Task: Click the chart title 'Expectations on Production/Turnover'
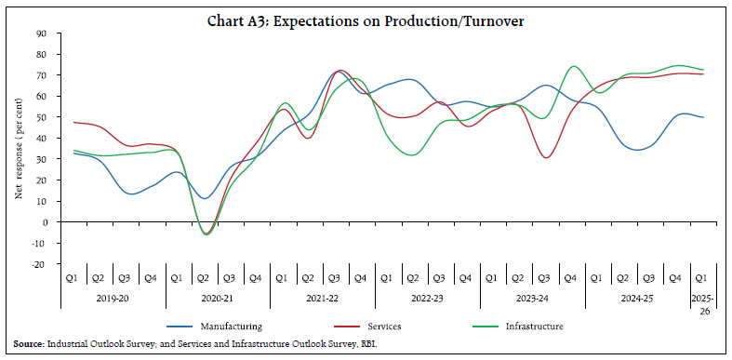[366, 12]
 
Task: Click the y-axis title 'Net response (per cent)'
[18, 149]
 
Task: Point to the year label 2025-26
[703, 307]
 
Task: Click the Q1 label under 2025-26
[703, 279]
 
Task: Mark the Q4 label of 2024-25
[677, 279]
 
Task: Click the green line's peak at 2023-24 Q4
[573, 66]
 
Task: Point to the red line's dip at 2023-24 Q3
[547, 157]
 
